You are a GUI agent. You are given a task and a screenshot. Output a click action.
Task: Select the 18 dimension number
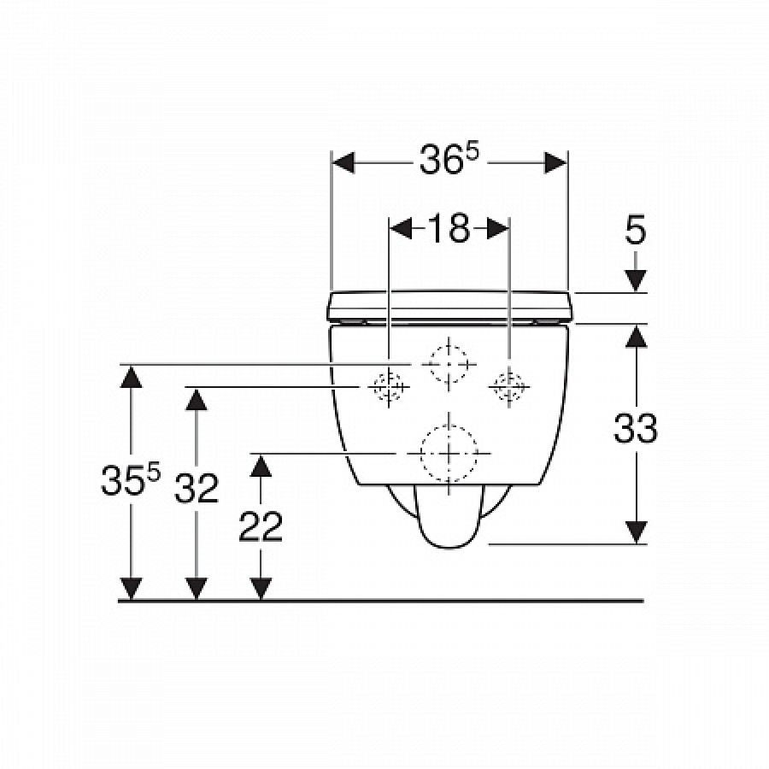449,228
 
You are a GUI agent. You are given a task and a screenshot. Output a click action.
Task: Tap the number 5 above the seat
636,230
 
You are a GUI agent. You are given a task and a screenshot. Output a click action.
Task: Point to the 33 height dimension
636,428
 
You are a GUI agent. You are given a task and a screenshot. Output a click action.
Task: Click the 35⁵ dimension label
131,479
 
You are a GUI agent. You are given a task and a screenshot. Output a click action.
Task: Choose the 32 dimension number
197,488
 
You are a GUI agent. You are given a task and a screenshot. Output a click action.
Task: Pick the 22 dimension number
261,526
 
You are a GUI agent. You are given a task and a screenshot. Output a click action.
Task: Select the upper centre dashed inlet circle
449,364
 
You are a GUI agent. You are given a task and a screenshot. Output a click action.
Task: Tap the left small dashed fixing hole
389,387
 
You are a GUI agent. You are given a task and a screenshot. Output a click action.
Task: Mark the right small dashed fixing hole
509,387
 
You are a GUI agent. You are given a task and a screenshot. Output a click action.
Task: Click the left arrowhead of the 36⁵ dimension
343,162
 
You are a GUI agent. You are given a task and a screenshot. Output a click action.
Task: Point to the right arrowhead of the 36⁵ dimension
556,162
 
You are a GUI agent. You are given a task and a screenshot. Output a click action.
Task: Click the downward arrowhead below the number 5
636,281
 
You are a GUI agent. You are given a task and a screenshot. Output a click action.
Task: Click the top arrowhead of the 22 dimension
261,466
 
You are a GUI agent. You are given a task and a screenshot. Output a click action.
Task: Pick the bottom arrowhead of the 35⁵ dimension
131,589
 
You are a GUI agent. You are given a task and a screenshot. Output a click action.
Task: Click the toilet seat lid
449,307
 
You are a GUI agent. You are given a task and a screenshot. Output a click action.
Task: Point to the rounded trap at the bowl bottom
449,517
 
